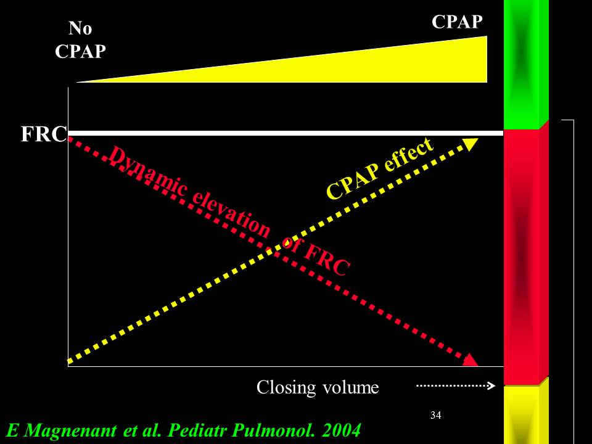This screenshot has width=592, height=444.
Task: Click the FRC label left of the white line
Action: click(x=44, y=134)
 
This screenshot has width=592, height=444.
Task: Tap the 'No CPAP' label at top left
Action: click(x=80, y=40)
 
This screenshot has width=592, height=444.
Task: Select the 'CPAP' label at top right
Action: click(x=456, y=22)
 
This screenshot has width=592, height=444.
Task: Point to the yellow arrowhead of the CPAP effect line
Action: click(x=470, y=144)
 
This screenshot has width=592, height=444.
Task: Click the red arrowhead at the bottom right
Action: click(x=471, y=360)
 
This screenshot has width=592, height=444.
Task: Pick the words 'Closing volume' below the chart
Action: click(x=318, y=387)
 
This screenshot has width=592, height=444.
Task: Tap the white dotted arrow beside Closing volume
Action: click(x=456, y=386)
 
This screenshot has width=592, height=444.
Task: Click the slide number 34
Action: click(x=435, y=414)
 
